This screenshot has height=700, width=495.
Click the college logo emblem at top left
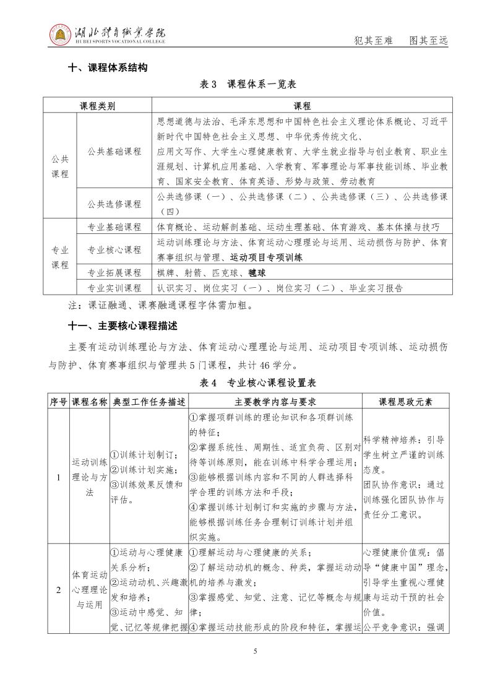pyautogui.click(x=61, y=35)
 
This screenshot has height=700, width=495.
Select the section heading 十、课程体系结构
pyautogui.click(x=108, y=68)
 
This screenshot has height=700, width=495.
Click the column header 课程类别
pyautogui.click(x=97, y=106)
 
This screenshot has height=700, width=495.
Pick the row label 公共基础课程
pyautogui.click(x=114, y=151)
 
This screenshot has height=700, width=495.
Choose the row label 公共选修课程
pyautogui.click(x=114, y=204)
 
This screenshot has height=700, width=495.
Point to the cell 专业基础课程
pyautogui.click(x=114, y=227)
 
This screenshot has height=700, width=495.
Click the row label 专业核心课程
pyautogui.click(x=114, y=249)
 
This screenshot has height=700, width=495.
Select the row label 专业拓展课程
pyautogui.click(x=114, y=272)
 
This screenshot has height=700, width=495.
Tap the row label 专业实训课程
pyautogui.click(x=114, y=288)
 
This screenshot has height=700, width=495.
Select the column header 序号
pyautogui.click(x=59, y=402)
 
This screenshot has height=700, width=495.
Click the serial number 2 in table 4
pyautogui.click(x=59, y=589)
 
